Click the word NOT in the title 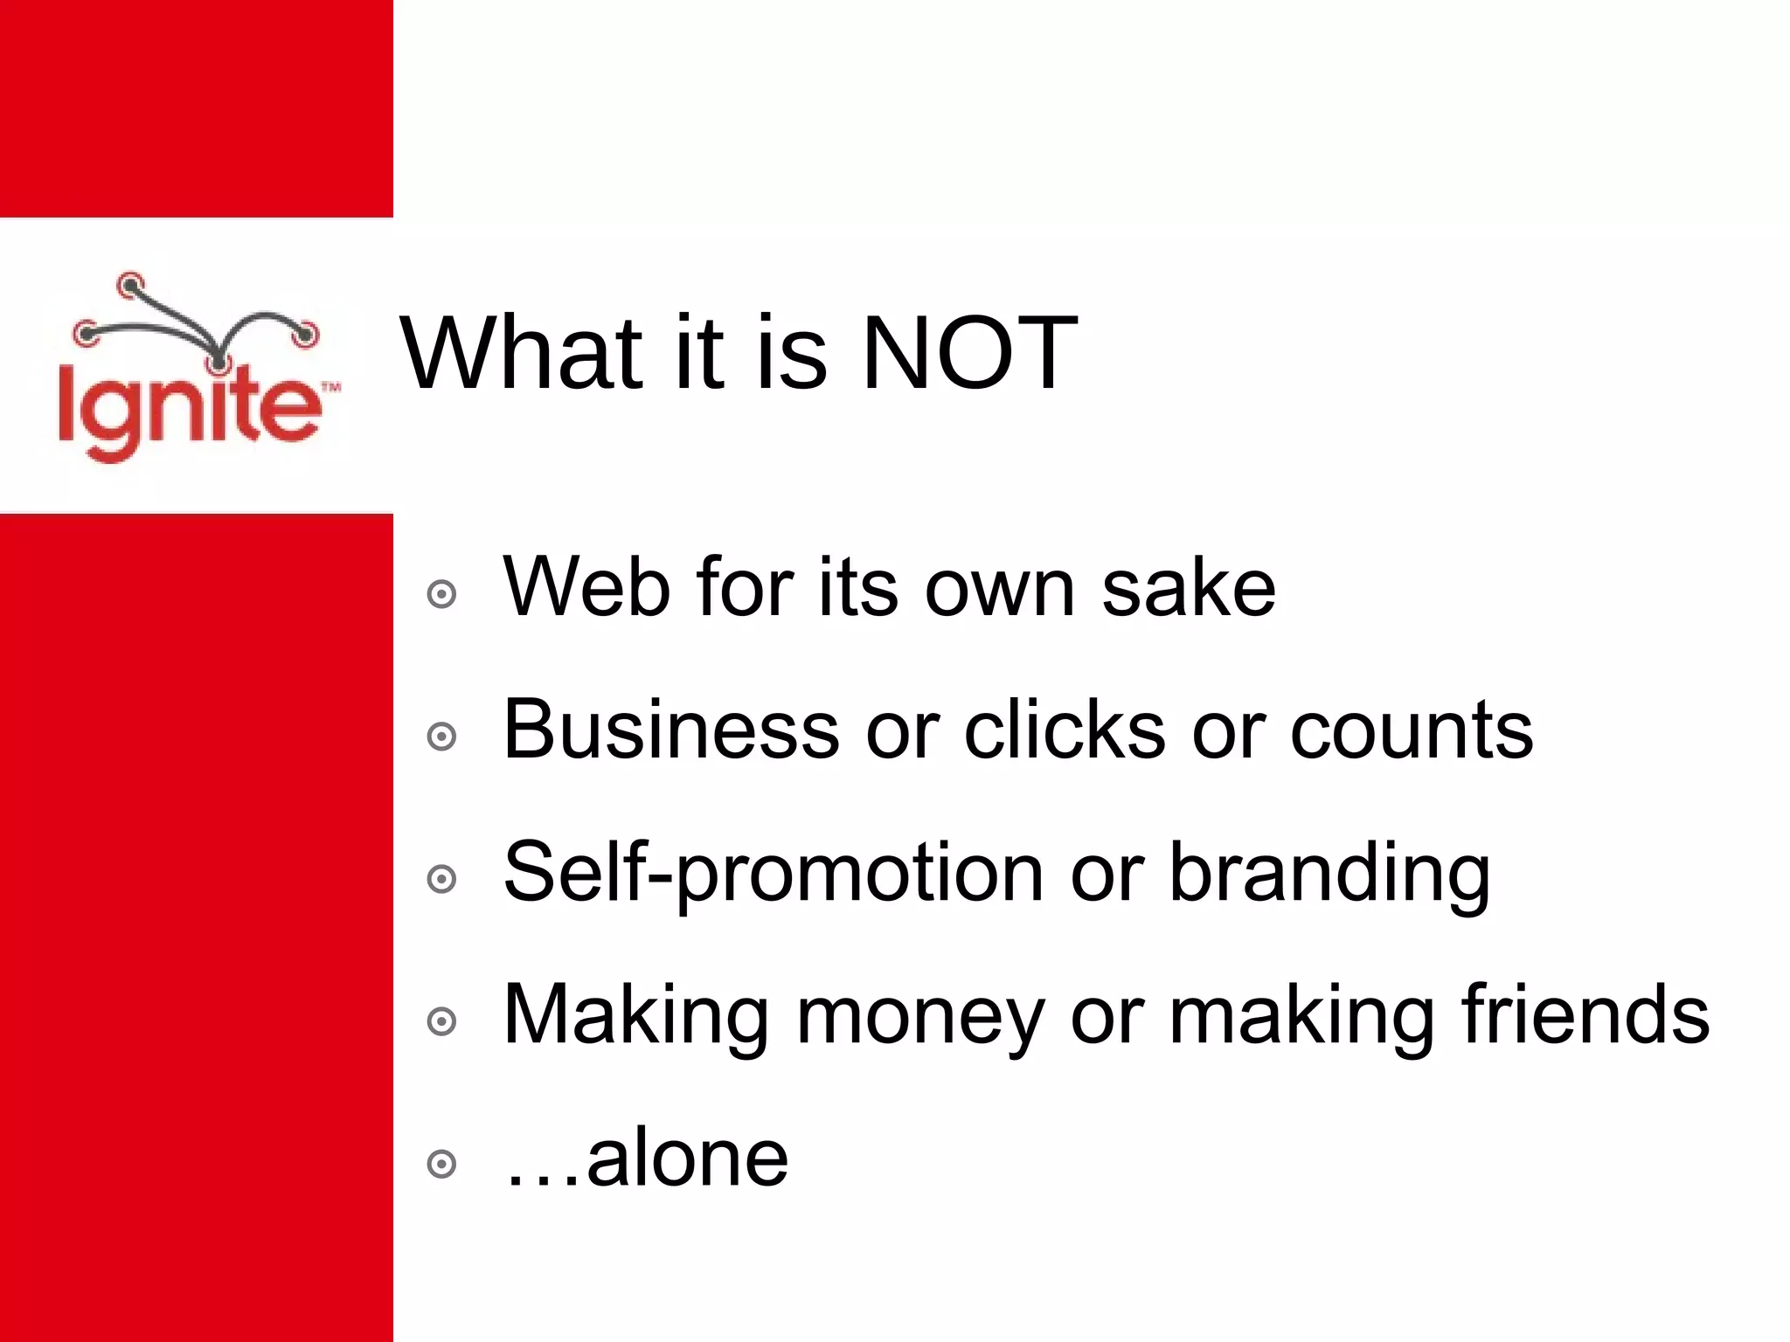pos(968,354)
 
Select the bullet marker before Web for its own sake pos(441,594)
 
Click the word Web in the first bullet pos(586,587)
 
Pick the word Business pos(671,730)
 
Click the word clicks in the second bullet pos(1065,730)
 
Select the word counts pos(1411,731)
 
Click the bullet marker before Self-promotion pos(441,879)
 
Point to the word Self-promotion pos(774,874)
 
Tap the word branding pos(1329,874)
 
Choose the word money pos(920,1017)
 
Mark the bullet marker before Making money pos(441,1021)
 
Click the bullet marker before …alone pos(441,1164)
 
